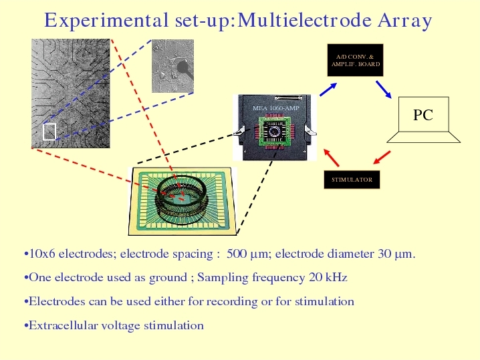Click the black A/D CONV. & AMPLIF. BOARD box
pyautogui.click(x=355, y=60)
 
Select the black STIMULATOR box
pyautogui.click(x=352, y=180)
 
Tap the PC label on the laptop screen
pyautogui.click(x=423, y=115)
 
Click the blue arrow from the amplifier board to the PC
pyautogui.click(x=384, y=89)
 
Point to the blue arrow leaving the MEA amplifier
pyautogui.click(x=328, y=89)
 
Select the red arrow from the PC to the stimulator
pyautogui.click(x=382, y=157)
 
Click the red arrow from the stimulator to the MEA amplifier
pyautogui.click(x=332, y=158)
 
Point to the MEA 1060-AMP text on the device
pyautogui.click(x=276, y=108)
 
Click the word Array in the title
pyautogui.click(x=404, y=21)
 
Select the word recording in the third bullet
pyautogui.click(x=232, y=302)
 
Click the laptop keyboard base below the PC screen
pyautogui.click(x=424, y=137)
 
